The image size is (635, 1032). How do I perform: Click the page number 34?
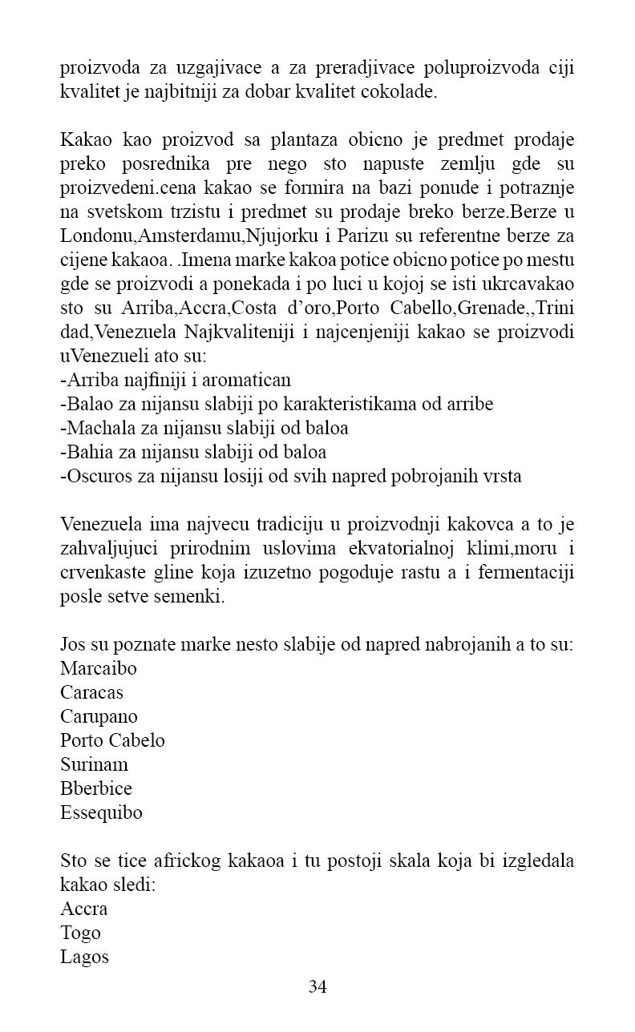point(317,986)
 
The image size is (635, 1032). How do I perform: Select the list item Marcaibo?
point(99,668)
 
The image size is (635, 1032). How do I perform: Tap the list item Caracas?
point(91,692)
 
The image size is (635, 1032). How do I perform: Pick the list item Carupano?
point(99,716)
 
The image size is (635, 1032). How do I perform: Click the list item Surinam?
point(94,764)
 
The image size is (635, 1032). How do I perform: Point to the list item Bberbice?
point(96,788)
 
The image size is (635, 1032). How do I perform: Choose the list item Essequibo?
point(101,812)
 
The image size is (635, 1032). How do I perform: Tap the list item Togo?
point(80,933)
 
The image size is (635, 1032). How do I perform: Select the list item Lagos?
point(84,957)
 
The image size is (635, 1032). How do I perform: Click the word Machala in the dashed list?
point(96,428)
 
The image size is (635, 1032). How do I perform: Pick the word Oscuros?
point(95,476)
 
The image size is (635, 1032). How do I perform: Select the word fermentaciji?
point(524,574)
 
